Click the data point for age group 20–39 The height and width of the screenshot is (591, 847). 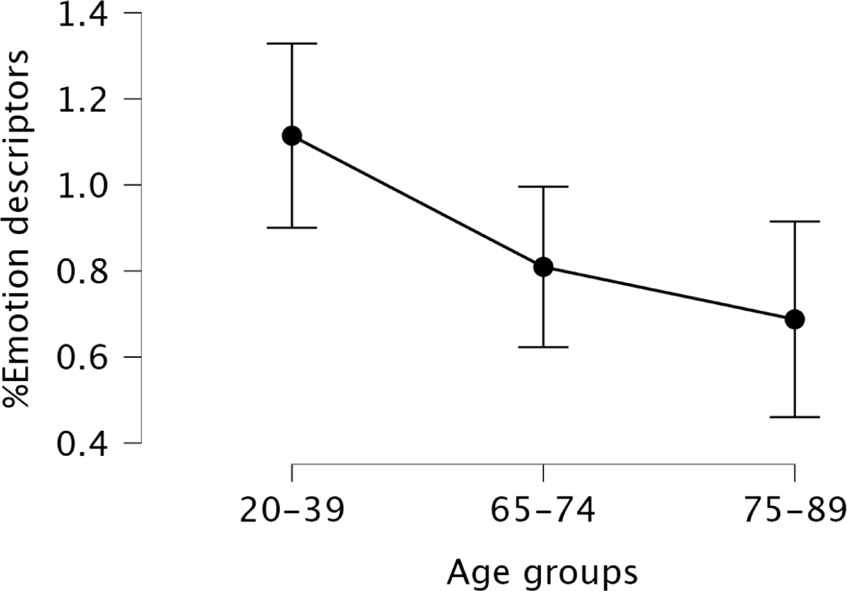[292, 136]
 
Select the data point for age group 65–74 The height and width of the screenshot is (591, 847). [543, 267]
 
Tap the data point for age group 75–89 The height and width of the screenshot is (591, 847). [795, 319]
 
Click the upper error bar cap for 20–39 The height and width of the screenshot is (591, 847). [292, 44]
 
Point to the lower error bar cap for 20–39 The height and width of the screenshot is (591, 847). [292, 227]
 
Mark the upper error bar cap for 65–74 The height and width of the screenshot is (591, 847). [543, 186]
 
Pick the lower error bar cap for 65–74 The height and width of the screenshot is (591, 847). [543, 347]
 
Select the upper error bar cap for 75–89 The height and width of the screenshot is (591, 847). [795, 222]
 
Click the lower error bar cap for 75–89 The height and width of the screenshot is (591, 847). [795, 417]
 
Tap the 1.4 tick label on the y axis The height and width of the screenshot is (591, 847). [82, 15]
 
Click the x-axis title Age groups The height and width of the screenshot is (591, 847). [542, 573]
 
